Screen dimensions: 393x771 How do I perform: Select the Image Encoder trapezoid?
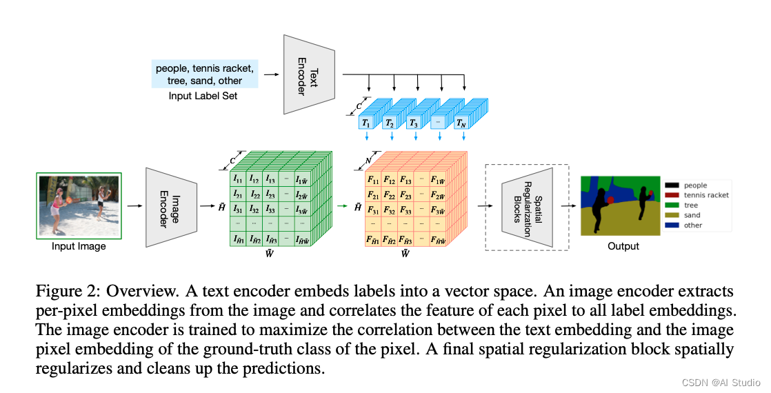171,205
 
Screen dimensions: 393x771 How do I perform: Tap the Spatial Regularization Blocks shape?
528,205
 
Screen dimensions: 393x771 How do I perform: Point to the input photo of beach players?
78,205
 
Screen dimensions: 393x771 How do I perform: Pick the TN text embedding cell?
460,123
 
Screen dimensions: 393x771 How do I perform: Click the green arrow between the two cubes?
343,205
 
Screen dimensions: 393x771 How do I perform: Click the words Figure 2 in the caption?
61,290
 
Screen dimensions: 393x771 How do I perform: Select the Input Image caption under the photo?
78,246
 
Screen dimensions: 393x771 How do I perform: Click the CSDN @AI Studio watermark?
717,381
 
